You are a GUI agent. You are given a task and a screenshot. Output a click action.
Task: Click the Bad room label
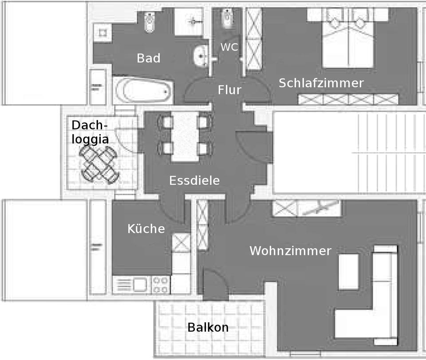click(x=149, y=58)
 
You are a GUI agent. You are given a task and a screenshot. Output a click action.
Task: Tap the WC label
click(x=229, y=47)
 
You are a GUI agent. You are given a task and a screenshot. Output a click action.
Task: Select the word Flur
click(x=229, y=90)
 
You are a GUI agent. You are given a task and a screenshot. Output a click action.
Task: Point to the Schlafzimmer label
click(x=321, y=83)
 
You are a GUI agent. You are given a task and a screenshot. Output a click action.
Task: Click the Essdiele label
click(x=194, y=180)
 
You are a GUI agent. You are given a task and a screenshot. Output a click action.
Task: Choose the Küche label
click(x=146, y=229)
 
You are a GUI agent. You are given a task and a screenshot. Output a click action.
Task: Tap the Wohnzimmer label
click(x=290, y=251)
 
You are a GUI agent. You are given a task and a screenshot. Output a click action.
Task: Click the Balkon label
click(x=208, y=328)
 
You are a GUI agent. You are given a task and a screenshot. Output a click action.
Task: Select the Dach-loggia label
click(x=90, y=132)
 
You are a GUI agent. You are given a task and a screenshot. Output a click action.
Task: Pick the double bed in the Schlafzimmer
click(x=348, y=42)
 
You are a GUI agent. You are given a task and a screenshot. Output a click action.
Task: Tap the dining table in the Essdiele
click(x=185, y=136)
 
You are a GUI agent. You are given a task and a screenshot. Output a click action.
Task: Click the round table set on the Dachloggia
click(x=99, y=164)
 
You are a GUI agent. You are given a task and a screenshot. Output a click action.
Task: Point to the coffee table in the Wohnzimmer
click(x=349, y=272)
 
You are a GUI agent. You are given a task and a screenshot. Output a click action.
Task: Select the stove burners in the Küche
click(x=160, y=285)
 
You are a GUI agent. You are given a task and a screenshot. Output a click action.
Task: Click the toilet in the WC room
click(x=227, y=19)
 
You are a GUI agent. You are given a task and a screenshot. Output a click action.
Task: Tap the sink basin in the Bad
click(x=201, y=56)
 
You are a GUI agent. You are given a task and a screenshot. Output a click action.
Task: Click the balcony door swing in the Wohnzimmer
click(x=215, y=284)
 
